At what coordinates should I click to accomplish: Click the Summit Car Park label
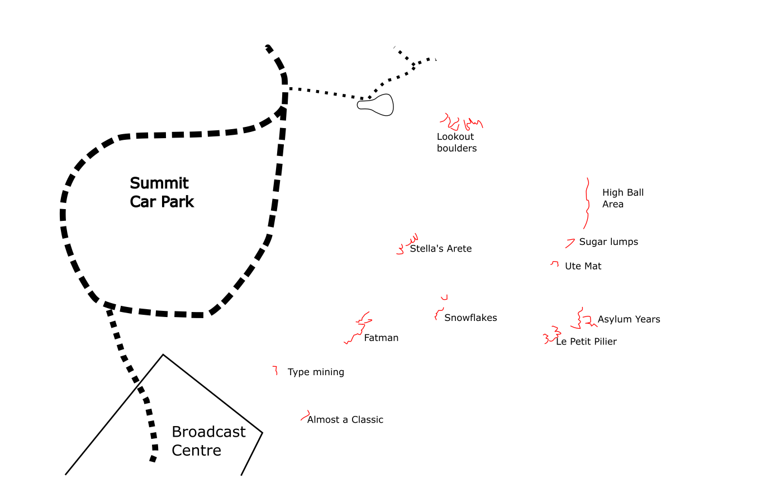click(161, 192)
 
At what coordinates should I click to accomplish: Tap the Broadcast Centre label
click(208, 441)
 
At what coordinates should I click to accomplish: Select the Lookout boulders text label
click(457, 142)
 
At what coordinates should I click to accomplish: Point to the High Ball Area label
click(622, 198)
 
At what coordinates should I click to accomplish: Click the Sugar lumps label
click(608, 242)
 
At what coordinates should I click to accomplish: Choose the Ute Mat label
click(583, 266)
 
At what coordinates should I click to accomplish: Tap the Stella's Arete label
click(440, 249)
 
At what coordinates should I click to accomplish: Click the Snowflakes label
click(470, 318)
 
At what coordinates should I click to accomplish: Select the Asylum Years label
click(629, 319)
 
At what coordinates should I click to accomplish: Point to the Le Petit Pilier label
click(586, 342)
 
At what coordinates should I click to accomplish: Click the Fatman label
click(381, 338)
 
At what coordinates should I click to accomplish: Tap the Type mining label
click(316, 372)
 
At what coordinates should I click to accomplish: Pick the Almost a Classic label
click(345, 419)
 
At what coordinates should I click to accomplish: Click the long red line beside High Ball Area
click(587, 204)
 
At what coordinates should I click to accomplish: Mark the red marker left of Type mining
click(275, 370)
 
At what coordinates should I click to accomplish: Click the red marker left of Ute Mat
click(555, 263)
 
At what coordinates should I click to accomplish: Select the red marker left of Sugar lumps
click(570, 243)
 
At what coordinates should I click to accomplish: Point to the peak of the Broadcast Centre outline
click(163, 354)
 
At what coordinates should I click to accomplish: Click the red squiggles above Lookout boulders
click(461, 122)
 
